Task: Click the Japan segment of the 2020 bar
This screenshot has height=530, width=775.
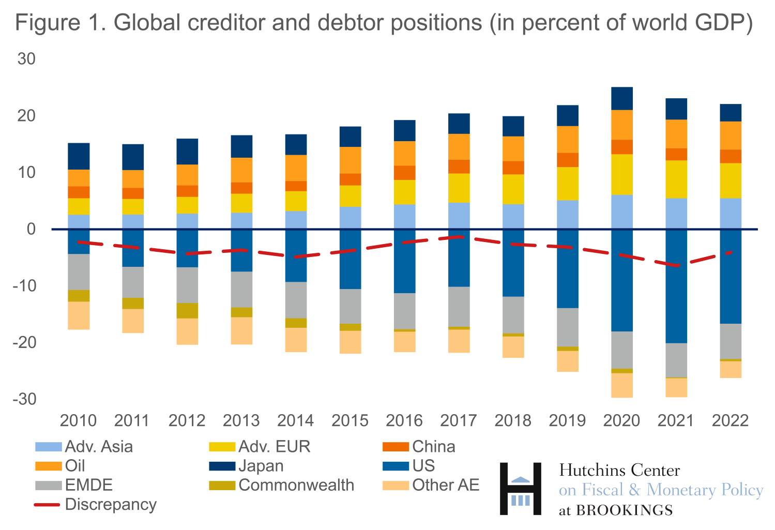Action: click(622, 99)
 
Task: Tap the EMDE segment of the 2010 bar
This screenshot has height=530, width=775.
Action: click(79, 272)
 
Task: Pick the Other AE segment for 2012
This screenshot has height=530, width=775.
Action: click(187, 331)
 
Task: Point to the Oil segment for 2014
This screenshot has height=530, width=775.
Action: click(296, 168)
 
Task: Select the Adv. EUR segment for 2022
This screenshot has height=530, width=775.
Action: click(731, 181)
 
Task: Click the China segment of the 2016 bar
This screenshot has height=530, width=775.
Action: click(404, 173)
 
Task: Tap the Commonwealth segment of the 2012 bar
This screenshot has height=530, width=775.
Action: click(187, 311)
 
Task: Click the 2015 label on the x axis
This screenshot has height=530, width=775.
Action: click(350, 420)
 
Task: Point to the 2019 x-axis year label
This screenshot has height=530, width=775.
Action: click(567, 420)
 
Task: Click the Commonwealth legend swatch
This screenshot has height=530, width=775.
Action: click(222, 486)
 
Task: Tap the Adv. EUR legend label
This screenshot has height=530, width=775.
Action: click(274, 447)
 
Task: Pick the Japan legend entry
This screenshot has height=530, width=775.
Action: click(261, 466)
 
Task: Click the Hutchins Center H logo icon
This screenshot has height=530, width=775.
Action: click(521, 489)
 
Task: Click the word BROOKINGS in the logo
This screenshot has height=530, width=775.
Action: click(625, 510)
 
